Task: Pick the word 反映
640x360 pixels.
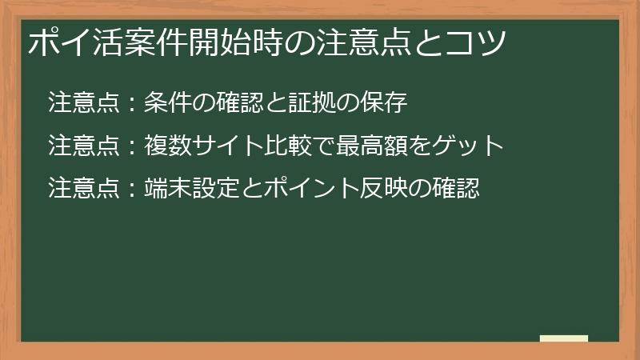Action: pyautogui.click(x=354, y=190)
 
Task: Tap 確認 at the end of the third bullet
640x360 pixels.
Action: pyautogui.click(x=459, y=190)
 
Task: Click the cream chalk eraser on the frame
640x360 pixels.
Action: pyautogui.click(x=563, y=338)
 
